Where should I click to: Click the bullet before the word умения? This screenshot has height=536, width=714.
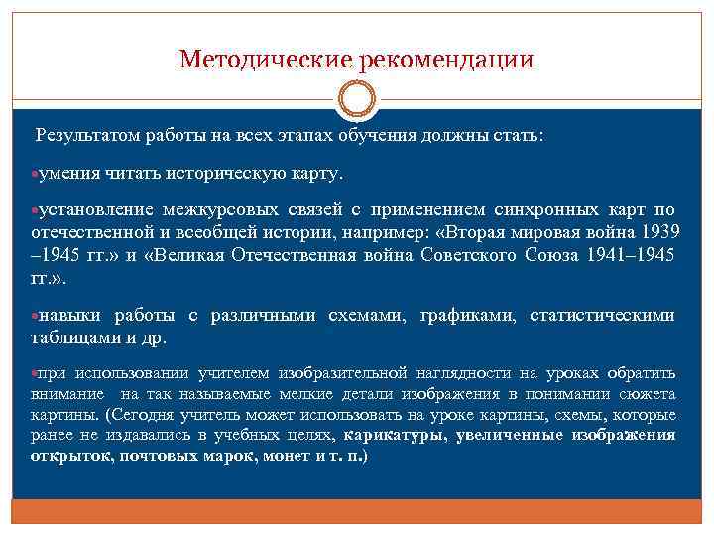click(x=35, y=174)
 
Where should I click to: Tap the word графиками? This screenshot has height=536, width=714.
click(x=463, y=315)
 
